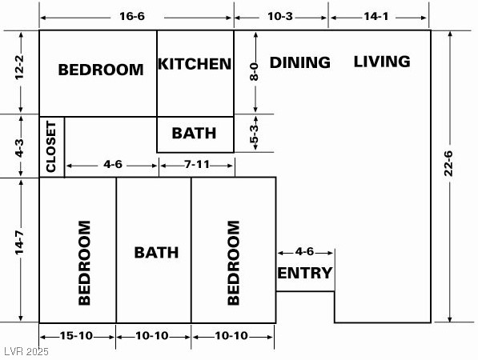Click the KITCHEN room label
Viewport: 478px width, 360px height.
(195, 64)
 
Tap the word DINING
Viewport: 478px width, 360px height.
(299, 62)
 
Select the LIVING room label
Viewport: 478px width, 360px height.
(382, 62)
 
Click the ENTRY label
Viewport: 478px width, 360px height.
(304, 274)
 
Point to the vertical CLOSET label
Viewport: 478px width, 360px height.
(51, 146)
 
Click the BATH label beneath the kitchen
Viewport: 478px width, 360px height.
(195, 133)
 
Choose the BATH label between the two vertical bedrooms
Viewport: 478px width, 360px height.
(156, 253)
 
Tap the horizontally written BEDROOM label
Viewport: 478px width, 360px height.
(101, 70)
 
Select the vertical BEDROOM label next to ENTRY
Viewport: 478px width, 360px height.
(233, 263)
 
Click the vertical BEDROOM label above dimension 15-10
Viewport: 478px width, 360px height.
(84, 263)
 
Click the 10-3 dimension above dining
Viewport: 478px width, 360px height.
(281, 16)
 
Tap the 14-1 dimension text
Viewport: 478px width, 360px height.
(378, 16)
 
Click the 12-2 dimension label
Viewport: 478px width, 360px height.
(21, 72)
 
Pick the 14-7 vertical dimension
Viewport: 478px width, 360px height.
(21, 248)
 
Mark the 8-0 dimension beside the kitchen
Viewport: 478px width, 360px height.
(255, 71)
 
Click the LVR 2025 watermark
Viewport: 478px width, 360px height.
(26, 351)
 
